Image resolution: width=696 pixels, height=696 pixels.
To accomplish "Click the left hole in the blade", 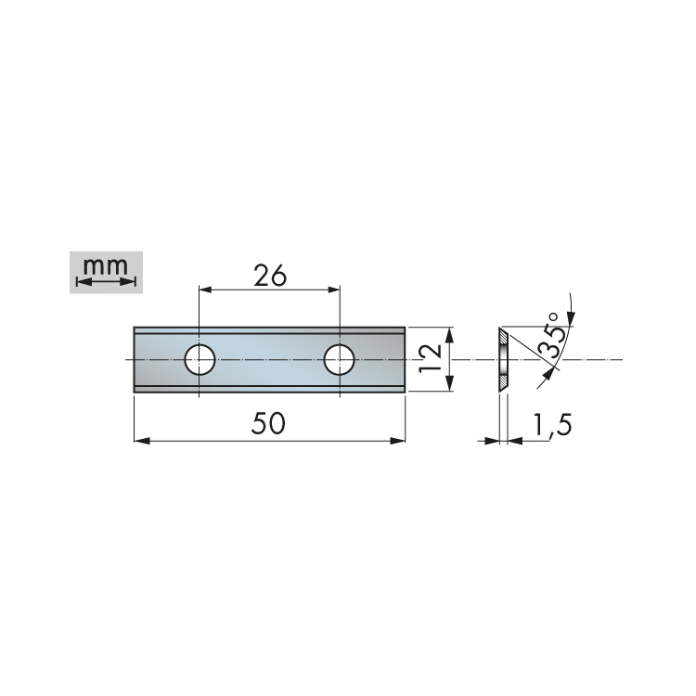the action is coord(200,359).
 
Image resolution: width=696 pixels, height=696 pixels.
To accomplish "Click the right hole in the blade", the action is coord(340,359).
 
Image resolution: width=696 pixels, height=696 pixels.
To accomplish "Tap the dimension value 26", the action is coord(270,277).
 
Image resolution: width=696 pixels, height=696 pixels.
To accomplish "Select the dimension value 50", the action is coord(268,423).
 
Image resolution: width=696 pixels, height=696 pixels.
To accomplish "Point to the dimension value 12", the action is coord(430,358).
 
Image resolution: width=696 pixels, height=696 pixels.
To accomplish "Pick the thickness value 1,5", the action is coord(552,425).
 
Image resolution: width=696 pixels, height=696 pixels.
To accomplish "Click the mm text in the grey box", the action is coord(106,266).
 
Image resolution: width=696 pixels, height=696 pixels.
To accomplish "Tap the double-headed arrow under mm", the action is coord(106,282).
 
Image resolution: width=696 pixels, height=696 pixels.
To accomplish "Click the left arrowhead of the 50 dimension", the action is coord(142,441).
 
